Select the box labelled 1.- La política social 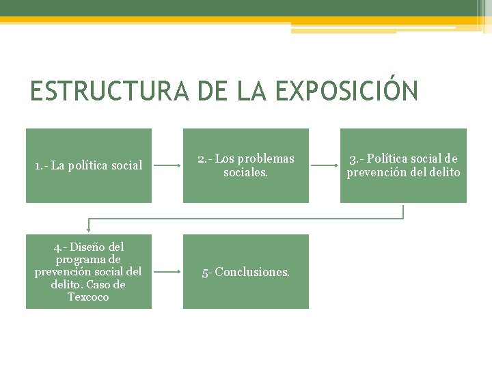89,165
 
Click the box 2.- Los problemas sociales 246,165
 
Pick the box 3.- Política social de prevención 403,165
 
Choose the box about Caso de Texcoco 89,271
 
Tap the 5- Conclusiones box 246,271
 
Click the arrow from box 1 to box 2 167,165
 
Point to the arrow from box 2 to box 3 324,165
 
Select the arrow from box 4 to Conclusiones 167,271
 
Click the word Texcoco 88,297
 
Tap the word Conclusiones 252,272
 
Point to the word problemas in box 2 266,159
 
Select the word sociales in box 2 245,172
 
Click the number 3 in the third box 352,159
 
